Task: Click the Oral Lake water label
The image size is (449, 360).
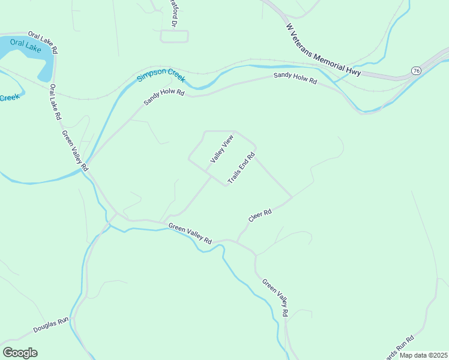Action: point(25,46)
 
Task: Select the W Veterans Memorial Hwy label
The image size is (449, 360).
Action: point(323,50)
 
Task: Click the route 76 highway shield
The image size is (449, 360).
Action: point(416,70)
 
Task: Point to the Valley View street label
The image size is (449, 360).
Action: point(221,149)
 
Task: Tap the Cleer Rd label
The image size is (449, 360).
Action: point(261,216)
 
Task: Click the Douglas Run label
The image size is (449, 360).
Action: point(51,325)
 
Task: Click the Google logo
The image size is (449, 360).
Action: point(20,353)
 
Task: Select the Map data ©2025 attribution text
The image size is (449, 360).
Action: point(423,355)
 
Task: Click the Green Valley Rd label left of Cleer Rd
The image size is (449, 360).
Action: point(190,233)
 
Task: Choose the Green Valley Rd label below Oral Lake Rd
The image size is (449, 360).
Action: point(76,150)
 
